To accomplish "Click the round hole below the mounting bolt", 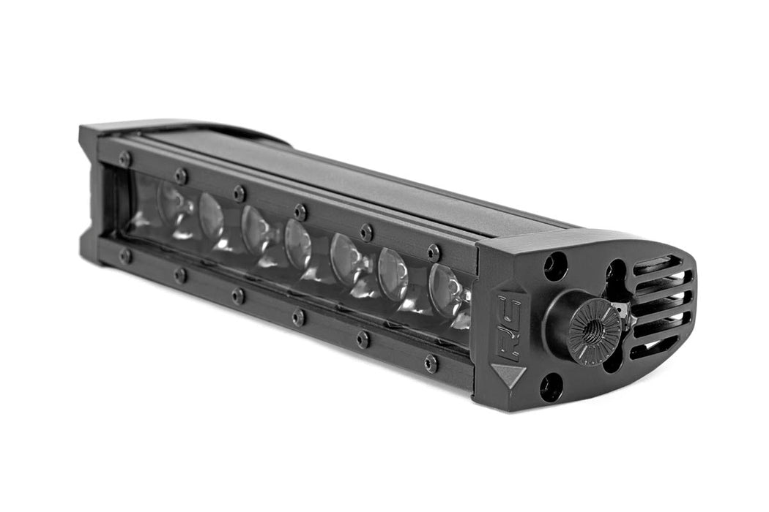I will point(551,387).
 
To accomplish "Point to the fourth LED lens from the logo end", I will point(297,244).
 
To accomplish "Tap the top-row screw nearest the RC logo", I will point(434,252).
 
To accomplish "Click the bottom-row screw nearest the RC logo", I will point(431,363).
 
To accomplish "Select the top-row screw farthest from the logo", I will point(125,159).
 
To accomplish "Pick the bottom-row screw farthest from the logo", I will point(126,255).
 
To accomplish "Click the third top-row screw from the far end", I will point(239,193).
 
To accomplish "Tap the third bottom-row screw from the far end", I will point(238,295).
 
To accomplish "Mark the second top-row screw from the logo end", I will point(366,232).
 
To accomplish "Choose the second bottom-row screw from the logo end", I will point(363,339).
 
